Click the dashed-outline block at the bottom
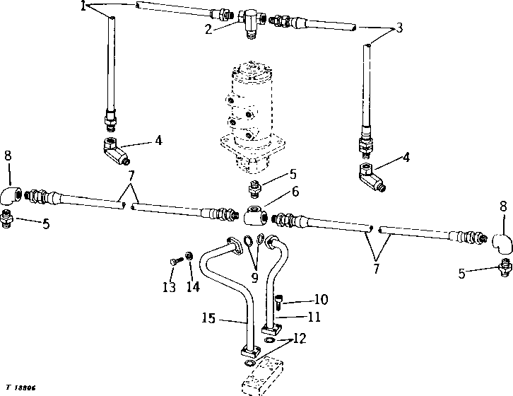point(263,378)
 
